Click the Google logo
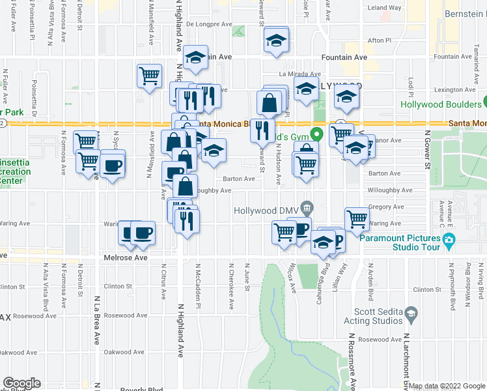22,383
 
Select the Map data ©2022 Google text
446,386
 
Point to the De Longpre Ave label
209,24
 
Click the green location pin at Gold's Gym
316,136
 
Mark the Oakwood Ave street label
126,353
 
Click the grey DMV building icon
309,210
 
